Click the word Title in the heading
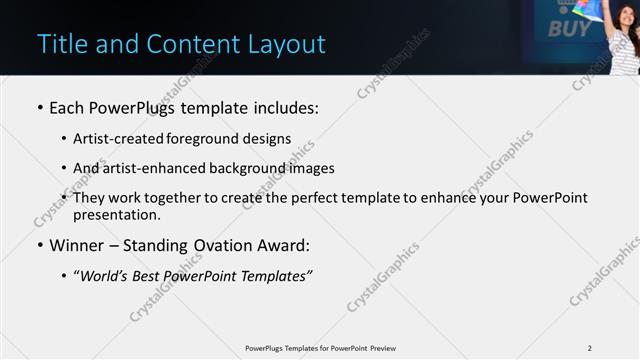click(59, 44)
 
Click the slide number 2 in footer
click(590, 348)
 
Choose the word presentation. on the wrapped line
click(116, 214)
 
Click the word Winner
click(77, 245)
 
